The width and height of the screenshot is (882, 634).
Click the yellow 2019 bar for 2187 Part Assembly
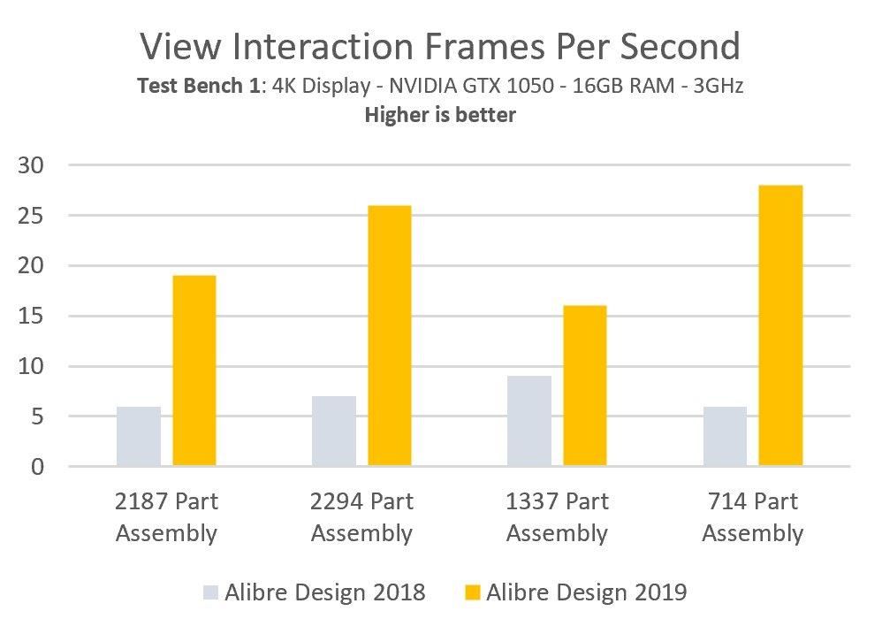[194, 370]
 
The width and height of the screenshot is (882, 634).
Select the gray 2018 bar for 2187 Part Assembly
[139, 436]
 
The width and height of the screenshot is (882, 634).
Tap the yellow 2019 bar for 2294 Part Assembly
[390, 336]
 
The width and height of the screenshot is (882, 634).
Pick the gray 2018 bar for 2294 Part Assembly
[334, 431]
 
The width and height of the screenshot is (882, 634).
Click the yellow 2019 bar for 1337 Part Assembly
[585, 386]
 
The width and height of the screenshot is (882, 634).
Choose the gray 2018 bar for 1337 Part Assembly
[529, 421]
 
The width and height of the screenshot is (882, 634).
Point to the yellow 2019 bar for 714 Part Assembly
[780, 325]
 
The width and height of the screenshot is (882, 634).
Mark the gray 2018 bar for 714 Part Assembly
[725, 436]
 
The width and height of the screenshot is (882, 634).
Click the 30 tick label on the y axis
[30, 165]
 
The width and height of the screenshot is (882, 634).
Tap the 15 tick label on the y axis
[30, 317]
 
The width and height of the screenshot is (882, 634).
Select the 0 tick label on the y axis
[37, 467]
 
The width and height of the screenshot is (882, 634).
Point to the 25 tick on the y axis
[30, 216]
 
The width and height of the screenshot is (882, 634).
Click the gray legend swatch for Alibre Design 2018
[210, 592]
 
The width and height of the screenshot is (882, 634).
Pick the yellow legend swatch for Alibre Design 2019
[473, 592]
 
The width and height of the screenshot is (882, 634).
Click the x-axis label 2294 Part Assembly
[361, 517]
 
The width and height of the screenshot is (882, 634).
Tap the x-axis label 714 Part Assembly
[753, 517]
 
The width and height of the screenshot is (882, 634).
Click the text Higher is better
[440, 115]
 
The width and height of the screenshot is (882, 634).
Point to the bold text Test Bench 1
[199, 86]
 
